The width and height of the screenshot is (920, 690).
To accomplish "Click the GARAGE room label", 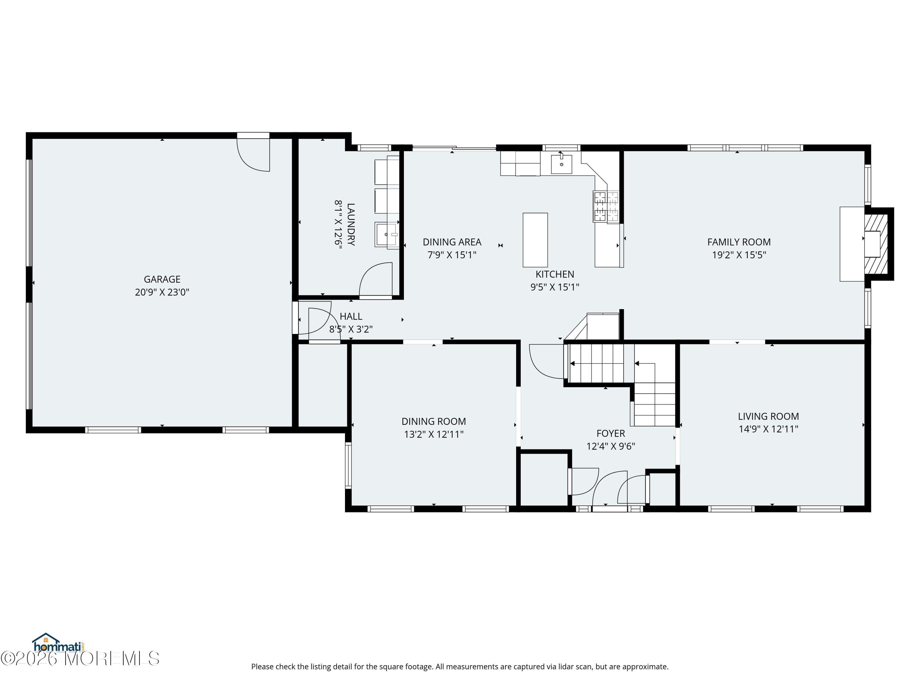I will [x=162, y=279].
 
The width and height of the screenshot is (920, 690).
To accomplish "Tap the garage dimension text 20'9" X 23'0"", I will [x=162, y=292].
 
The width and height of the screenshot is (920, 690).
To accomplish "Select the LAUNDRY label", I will [x=351, y=224].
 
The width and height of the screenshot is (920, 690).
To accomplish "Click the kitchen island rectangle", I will [x=535, y=240].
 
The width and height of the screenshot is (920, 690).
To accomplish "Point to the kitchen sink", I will [x=561, y=164].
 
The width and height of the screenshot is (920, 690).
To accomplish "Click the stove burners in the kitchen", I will [x=606, y=207].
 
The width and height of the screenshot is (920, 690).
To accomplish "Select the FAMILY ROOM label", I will [x=739, y=242].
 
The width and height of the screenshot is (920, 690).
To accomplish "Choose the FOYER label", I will [x=611, y=433].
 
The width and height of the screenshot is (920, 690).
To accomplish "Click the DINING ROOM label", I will [x=433, y=421].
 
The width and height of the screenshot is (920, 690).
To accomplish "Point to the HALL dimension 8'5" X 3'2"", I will [x=351, y=329].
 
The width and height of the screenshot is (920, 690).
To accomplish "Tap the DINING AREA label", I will [x=452, y=242].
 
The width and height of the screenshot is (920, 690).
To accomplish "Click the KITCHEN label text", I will [x=554, y=274].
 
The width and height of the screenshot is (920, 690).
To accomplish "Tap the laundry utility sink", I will [x=386, y=235].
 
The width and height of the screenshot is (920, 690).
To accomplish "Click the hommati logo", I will [x=58, y=643].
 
